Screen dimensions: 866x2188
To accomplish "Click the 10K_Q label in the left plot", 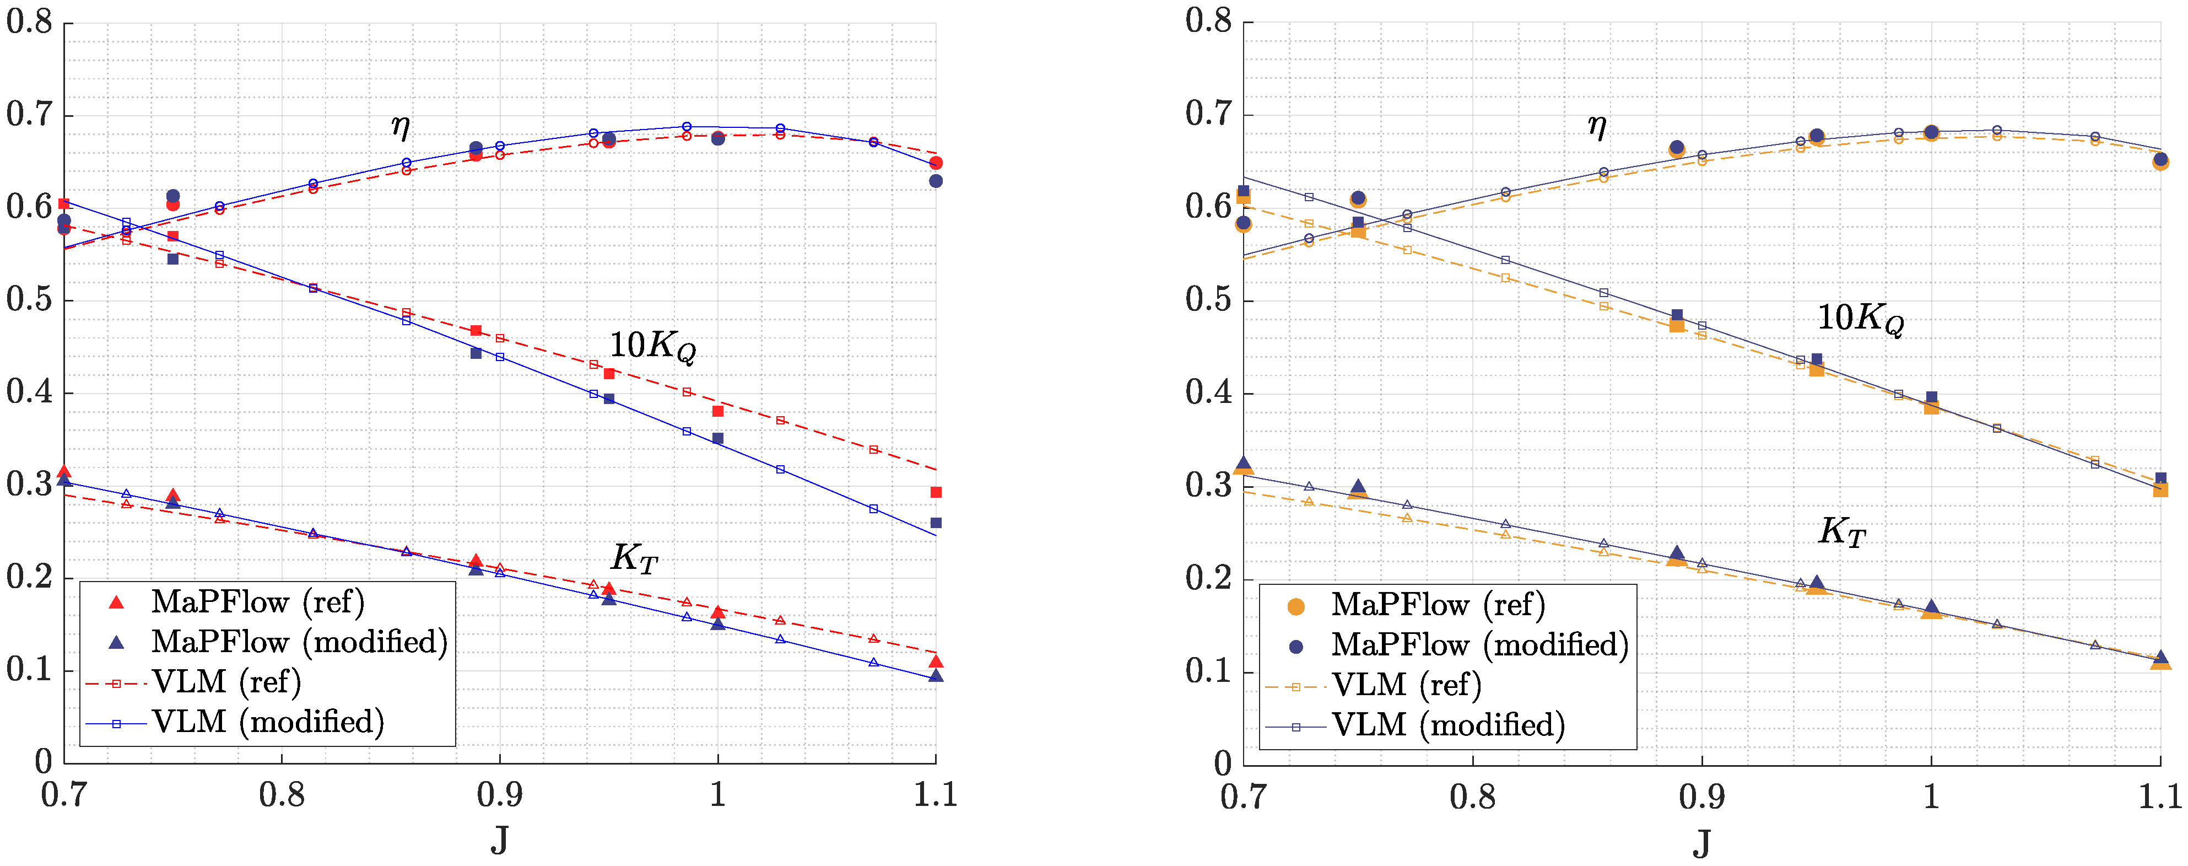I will (652, 346).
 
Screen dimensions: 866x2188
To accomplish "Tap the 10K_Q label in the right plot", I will (1860, 319).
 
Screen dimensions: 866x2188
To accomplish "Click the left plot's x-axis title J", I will (499, 840).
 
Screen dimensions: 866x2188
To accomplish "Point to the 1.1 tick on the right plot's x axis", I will (2159, 797).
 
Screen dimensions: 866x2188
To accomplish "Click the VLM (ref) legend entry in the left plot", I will (226, 681).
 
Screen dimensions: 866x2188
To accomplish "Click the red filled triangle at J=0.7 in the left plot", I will (64, 472).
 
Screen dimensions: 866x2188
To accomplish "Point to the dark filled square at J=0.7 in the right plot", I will (1244, 191).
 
